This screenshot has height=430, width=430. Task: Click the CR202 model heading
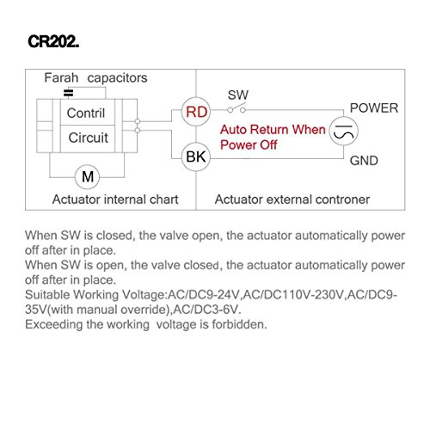click(53, 41)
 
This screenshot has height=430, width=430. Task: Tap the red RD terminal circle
click(196, 112)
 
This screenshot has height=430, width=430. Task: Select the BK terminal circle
click(196, 157)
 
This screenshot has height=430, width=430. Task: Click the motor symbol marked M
click(88, 176)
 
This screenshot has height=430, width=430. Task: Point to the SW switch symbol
click(236, 108)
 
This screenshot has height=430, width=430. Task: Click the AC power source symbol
click(343, 132)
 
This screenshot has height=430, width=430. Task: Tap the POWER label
click(374, 108)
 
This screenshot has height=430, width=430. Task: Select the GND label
click(364, 161)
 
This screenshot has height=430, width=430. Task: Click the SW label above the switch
click(238, 95)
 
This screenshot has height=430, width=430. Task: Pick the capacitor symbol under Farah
click(68, 93)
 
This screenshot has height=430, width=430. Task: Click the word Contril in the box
click(86, 113)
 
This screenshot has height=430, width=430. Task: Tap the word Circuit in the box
click(88, 138)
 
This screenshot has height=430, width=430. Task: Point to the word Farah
click(61, 77)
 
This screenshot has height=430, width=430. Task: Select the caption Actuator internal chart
click(115, 200)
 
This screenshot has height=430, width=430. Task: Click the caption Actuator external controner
click(292, 200)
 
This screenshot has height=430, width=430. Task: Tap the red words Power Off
click(249, 144)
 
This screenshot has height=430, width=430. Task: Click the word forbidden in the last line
click(239, 324)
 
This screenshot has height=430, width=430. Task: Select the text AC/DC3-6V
click(207, 310)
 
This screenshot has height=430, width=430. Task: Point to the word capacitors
click(117, 78)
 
